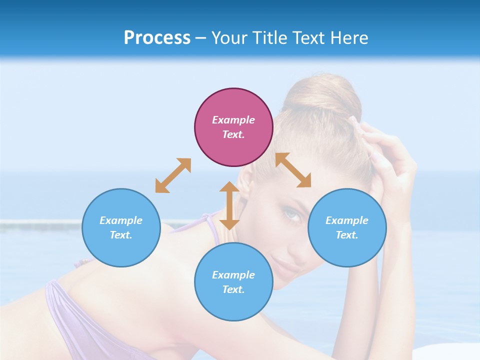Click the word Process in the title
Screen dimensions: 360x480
pos(157,38)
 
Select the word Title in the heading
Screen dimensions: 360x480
pos(269,38)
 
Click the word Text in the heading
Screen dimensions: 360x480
pos(309,38)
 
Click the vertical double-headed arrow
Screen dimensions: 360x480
pos(229,205)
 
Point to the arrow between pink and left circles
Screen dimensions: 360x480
pos(173,175)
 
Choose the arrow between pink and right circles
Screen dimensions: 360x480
pos(293,170)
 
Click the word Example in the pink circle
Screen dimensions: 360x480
pos(233,120)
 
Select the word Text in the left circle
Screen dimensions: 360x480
pos(121,235)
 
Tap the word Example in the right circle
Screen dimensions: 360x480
pos(347,220)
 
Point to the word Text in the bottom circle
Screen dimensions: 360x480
pos(233,289)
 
